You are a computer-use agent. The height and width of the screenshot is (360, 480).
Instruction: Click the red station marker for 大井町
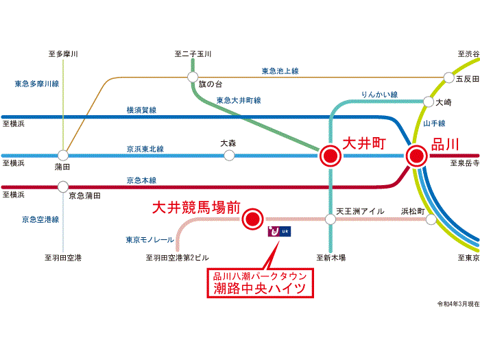click(x=330, y=156)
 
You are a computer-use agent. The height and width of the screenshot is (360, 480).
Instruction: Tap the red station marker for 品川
click(x=416, y=156)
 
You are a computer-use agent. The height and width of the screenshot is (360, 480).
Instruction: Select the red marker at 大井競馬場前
click(x=253, y=219)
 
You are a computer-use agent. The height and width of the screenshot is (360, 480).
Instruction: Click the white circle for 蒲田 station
click(x=63, y=156)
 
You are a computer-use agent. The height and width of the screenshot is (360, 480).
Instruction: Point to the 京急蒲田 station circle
click(x=63, y=186)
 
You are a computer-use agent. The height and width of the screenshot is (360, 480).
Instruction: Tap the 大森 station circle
click(x=229, y=156)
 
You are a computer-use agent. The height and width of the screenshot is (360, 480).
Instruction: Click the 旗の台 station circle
click(x=193, y=76)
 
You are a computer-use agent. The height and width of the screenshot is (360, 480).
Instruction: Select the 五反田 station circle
click(x=449, y=77)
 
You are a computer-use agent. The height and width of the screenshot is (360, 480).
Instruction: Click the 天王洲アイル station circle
click(x=331, y=219)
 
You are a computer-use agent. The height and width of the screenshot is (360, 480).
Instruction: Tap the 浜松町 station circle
click(x=431, y=219)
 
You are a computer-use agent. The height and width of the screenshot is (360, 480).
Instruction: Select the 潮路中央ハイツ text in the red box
click(x=261, y=289)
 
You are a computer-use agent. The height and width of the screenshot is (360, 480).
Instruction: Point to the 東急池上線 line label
click(x=280, y=71)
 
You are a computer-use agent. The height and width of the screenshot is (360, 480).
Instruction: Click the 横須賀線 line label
click(x=141, y=110)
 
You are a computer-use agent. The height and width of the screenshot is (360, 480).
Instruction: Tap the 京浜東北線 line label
click(x=145, y=148)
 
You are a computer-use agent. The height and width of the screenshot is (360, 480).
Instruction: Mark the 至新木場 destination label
click(x=331, y=258)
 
